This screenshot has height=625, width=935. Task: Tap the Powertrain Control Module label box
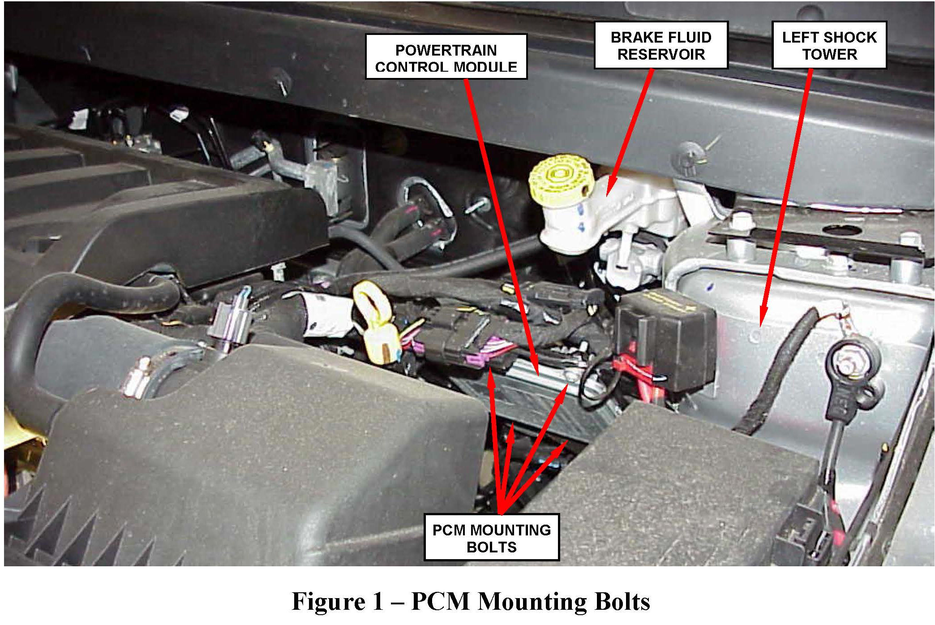coord(446,57)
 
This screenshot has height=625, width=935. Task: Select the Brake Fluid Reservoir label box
coord(661,45)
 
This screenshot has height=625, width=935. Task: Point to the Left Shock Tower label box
coord(829,45)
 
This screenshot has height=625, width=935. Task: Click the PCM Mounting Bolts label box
coord(491,537)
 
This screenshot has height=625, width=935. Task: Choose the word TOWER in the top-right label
coord(829,55)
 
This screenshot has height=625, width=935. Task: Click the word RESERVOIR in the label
coord(661,55)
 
